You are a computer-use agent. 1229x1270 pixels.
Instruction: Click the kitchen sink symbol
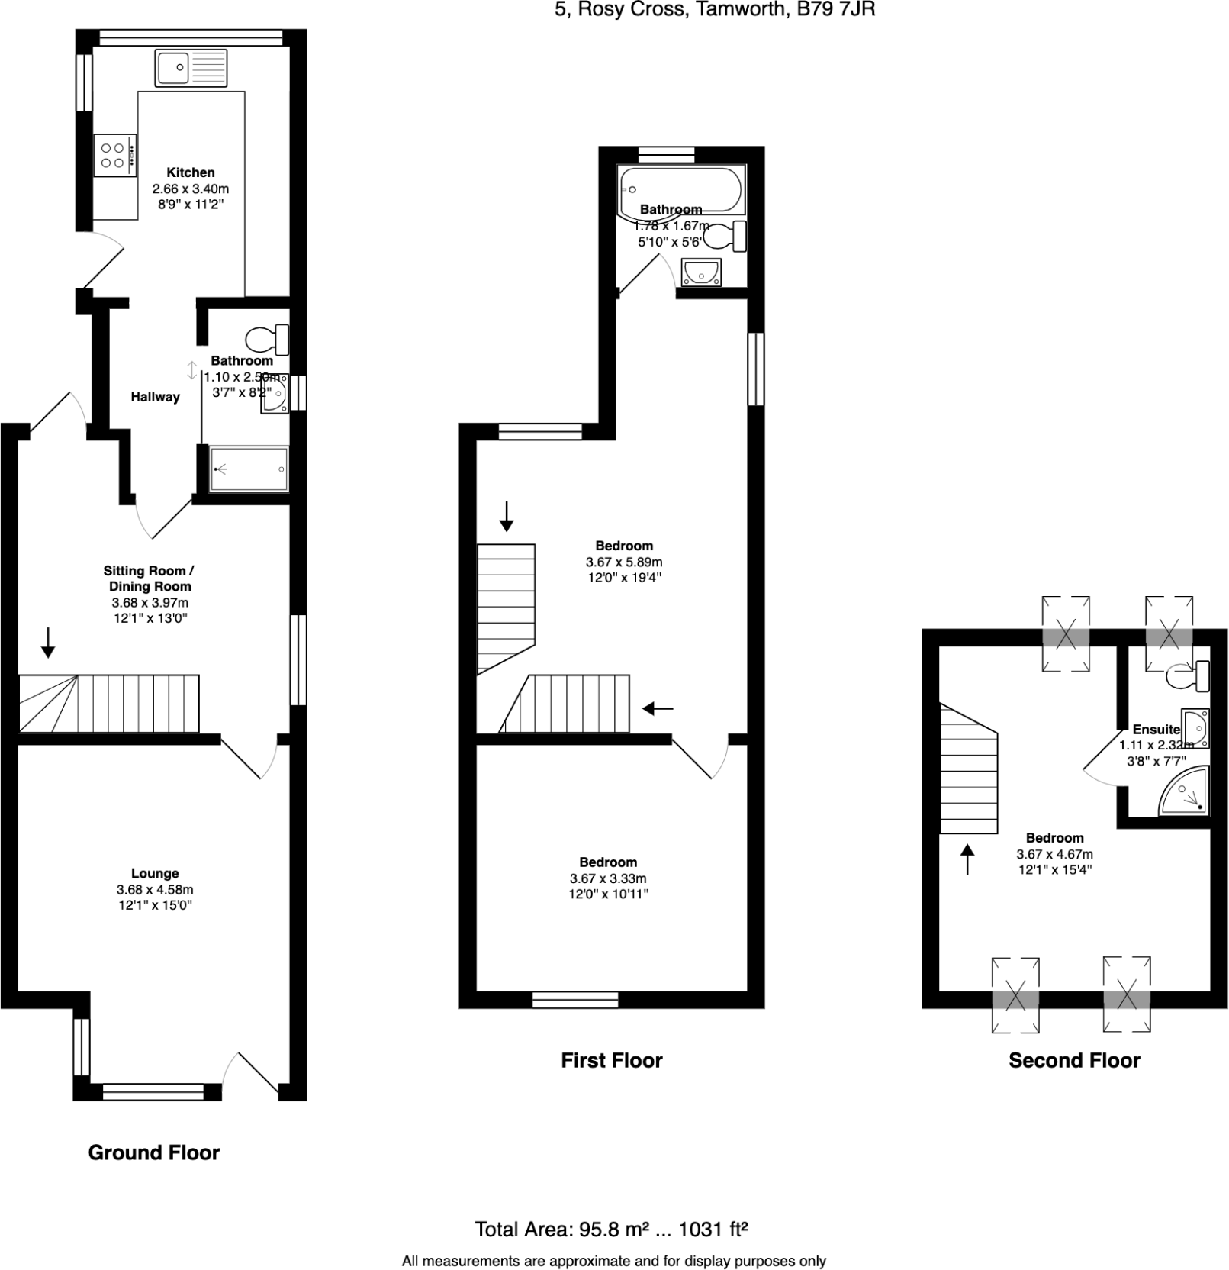pos(191,68)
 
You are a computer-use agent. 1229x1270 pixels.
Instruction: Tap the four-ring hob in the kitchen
pos(115,155)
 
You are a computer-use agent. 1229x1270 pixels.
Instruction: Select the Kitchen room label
pos(191,172)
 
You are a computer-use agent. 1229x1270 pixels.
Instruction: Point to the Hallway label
pos(155,397)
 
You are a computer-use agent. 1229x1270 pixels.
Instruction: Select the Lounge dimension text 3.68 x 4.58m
pos(155,890)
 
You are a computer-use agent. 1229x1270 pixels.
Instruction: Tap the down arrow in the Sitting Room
pos(48,642)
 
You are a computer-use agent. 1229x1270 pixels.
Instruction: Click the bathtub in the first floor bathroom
pos(680,189)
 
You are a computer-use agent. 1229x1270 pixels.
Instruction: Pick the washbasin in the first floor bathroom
pos(700,272)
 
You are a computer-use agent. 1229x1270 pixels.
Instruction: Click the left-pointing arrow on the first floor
pos(658,709)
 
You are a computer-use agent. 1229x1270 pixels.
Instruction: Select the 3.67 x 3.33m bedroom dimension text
pos(607,879)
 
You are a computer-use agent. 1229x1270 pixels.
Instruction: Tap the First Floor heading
pos(612,1060)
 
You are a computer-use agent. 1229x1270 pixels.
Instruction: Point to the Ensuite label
pos(1157,730)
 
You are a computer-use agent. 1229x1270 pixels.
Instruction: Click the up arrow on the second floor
pos(967,859)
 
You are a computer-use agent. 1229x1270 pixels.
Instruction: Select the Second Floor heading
pos(1074,1060)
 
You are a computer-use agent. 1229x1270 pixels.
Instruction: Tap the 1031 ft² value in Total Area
pos(713,1230)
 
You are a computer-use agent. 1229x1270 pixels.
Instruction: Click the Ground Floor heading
pos(154,1152)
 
